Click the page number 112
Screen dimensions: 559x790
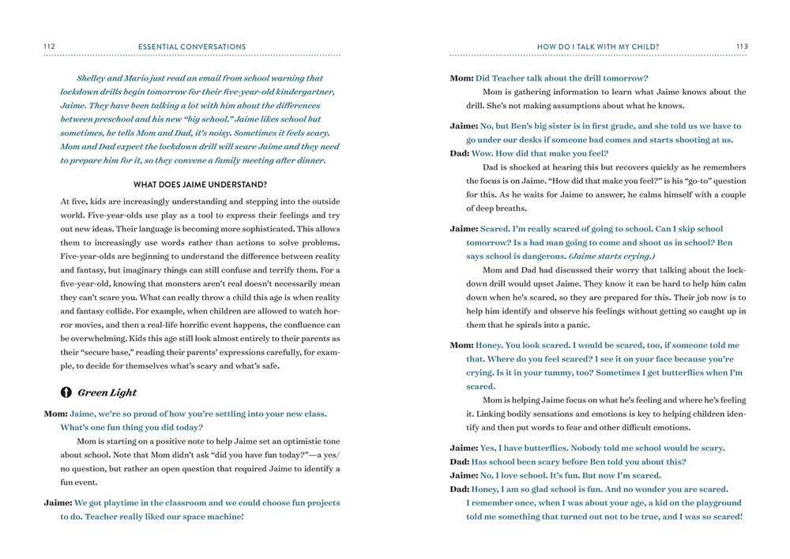pos(48,47)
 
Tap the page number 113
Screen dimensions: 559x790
pos(741,47)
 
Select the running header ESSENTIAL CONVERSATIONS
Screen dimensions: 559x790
pos(192,47)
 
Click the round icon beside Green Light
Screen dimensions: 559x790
pos(66,392)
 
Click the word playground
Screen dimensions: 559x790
pos(714,503)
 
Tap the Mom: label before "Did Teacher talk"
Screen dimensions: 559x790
pos(461,78)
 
